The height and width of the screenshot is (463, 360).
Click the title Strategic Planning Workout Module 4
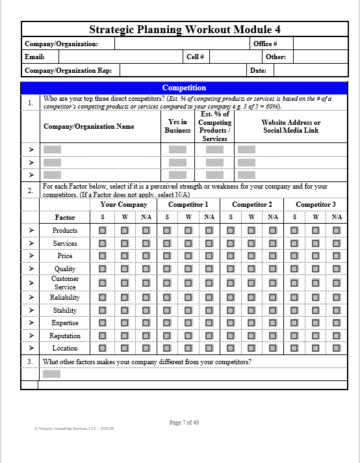(x=185, y=29)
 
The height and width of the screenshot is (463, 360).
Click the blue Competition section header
(x=185, y=88)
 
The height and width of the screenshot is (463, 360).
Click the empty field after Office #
(x=320, y=44)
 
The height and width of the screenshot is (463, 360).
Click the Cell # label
(x=196, y=57)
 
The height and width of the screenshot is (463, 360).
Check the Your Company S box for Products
(x=103, y=230)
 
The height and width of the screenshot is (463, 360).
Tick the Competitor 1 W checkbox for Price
(x=188, y=256)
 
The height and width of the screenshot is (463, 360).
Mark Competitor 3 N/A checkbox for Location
(x=337, y=349)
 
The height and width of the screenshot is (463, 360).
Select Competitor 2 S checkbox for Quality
(x=231, y=269)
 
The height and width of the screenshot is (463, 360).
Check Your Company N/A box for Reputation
(x=146, y=336)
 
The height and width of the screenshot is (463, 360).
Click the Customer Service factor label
(x=65, y=282)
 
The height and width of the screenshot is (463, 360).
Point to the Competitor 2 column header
(x=251, y=204)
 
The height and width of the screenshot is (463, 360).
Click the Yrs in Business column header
(x=177, y=126)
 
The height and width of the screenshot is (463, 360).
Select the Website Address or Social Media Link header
(x=290, y=126)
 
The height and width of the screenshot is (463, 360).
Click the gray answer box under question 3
(x=51, y=374)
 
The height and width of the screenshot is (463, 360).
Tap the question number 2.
(x=30, y=191)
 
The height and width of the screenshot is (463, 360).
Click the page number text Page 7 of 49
(x=184, y=423)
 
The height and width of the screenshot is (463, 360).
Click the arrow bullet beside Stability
(x=30, y=310)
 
